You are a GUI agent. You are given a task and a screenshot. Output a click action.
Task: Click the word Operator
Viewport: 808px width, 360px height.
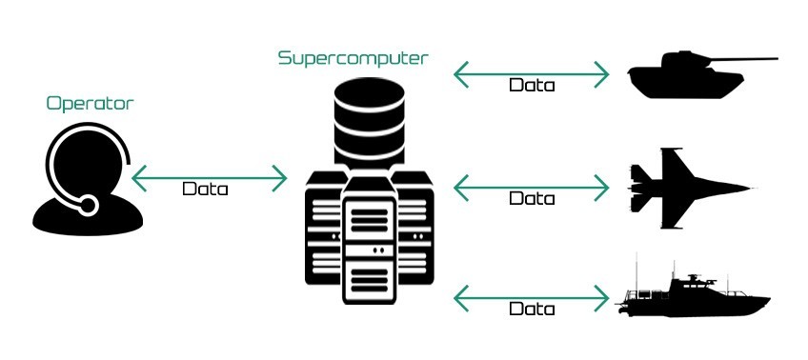[91, 103]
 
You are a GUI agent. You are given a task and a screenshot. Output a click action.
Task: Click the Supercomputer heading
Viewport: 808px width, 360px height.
[353, 58]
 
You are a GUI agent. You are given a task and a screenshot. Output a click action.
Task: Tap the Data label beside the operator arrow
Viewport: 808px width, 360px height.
[205, 189]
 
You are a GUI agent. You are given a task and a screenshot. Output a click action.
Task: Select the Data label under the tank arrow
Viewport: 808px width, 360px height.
[532, 85]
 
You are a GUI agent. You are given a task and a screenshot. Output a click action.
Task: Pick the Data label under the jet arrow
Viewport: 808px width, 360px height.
[532, 199]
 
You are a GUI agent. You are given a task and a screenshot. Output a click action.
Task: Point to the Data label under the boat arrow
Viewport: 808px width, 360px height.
[532, 310]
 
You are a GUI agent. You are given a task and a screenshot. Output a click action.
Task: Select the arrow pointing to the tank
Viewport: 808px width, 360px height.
[531, 71]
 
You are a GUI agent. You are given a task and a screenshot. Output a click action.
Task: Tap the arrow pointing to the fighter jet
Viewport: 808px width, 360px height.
[531, 186]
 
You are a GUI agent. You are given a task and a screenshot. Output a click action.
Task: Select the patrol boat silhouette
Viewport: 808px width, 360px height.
[691, 294]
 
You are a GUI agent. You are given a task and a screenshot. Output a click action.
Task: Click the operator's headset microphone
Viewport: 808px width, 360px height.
[88, 205]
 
